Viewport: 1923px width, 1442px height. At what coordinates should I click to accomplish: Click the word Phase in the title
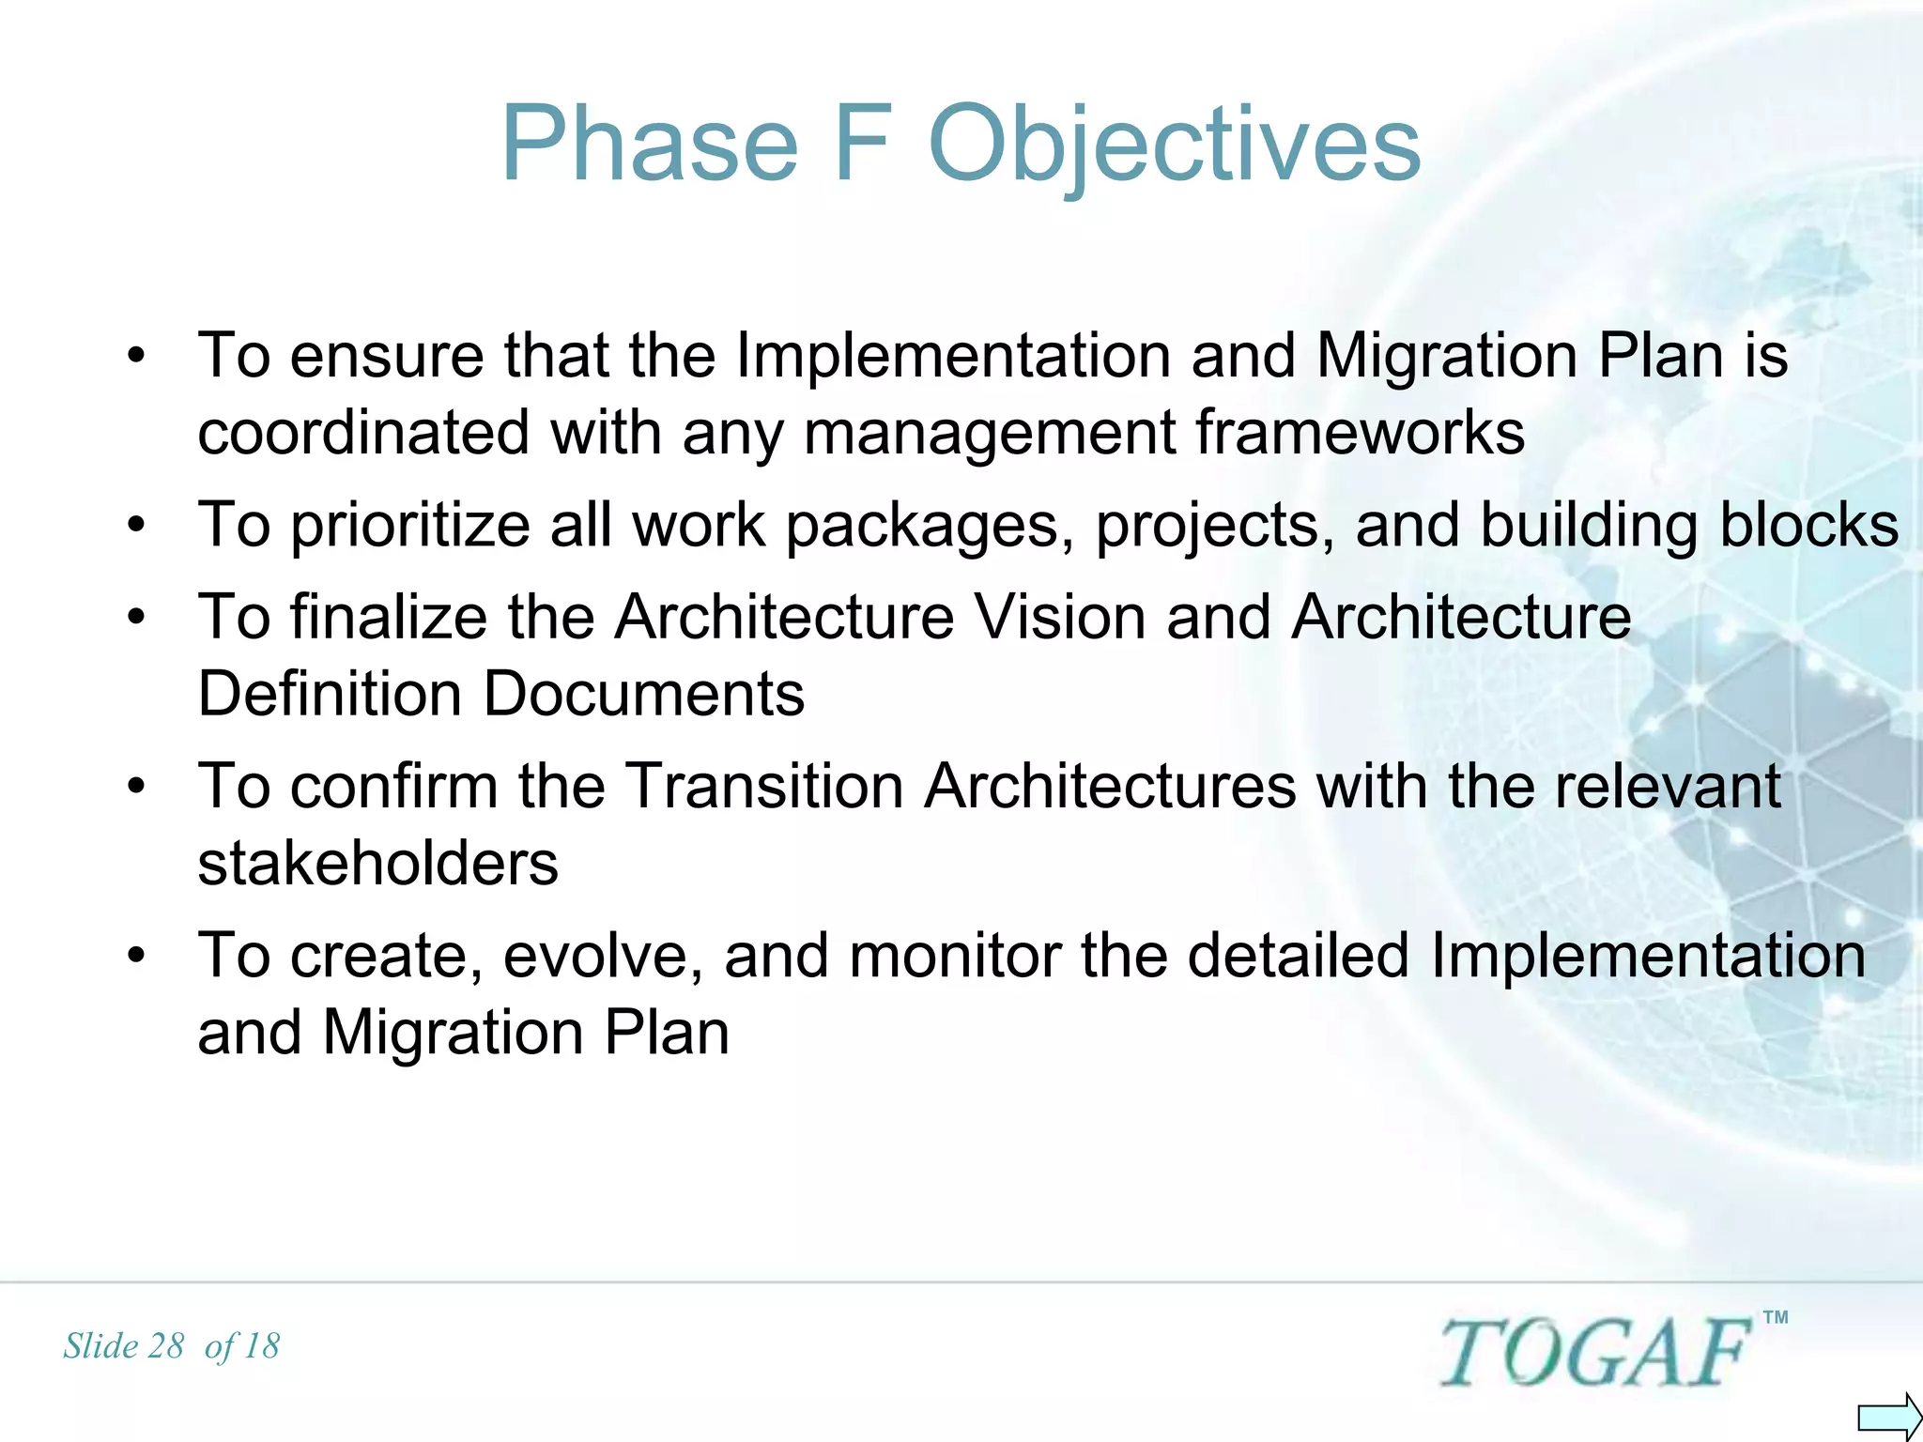click(x=650, y=144)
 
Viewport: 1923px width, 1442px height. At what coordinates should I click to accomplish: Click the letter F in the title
click(x=861, y=144)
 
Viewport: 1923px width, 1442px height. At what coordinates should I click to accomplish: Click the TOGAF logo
click(x=1595, y=1352)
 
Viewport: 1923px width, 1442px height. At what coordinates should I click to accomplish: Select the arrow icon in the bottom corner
click(x=1888, y=1416)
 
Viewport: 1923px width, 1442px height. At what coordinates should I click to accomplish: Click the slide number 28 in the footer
click(x=165, y=1346)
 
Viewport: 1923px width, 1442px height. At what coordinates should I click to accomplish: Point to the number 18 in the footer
click(x=260, y=1346)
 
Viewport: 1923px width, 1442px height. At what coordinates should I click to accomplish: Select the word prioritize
click(x=410, y=526)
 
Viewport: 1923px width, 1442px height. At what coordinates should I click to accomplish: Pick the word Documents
click(x=643, y=694)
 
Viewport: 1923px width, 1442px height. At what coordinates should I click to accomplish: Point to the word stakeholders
click(x=377, y=863)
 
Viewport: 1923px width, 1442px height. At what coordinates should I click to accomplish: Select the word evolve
click(x=603, y=955)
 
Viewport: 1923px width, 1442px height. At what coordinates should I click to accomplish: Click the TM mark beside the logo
click(x=1775, y=1317)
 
